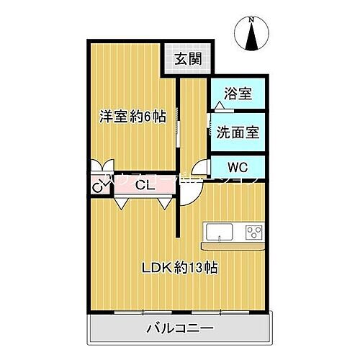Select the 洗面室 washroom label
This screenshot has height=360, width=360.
click(x=237, y=132)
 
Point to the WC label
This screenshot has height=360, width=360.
click(x=237, y=167)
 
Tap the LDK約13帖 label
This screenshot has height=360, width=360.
click(x=179, y=268)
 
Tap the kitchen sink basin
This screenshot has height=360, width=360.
click(x=219, y=233)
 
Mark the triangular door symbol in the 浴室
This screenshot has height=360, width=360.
click(x=218, y=106)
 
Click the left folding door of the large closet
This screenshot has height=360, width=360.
click(x=120, y=202)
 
